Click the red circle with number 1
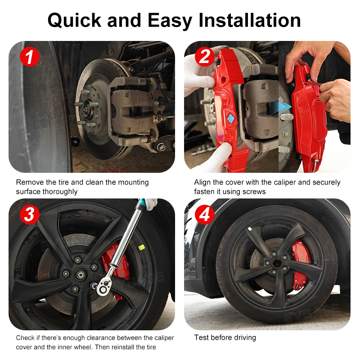pyautogui.click(x=29, y=57)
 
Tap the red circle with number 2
pyautogui.click(x=204, y=57)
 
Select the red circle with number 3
pyautogui.click(x=29, y=215)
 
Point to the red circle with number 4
pyautogui.click(x=204, y=215)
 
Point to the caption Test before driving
pyautogui.click(x=225, y=337)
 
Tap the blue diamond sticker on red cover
pyautogui.click(x=230, y=118)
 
